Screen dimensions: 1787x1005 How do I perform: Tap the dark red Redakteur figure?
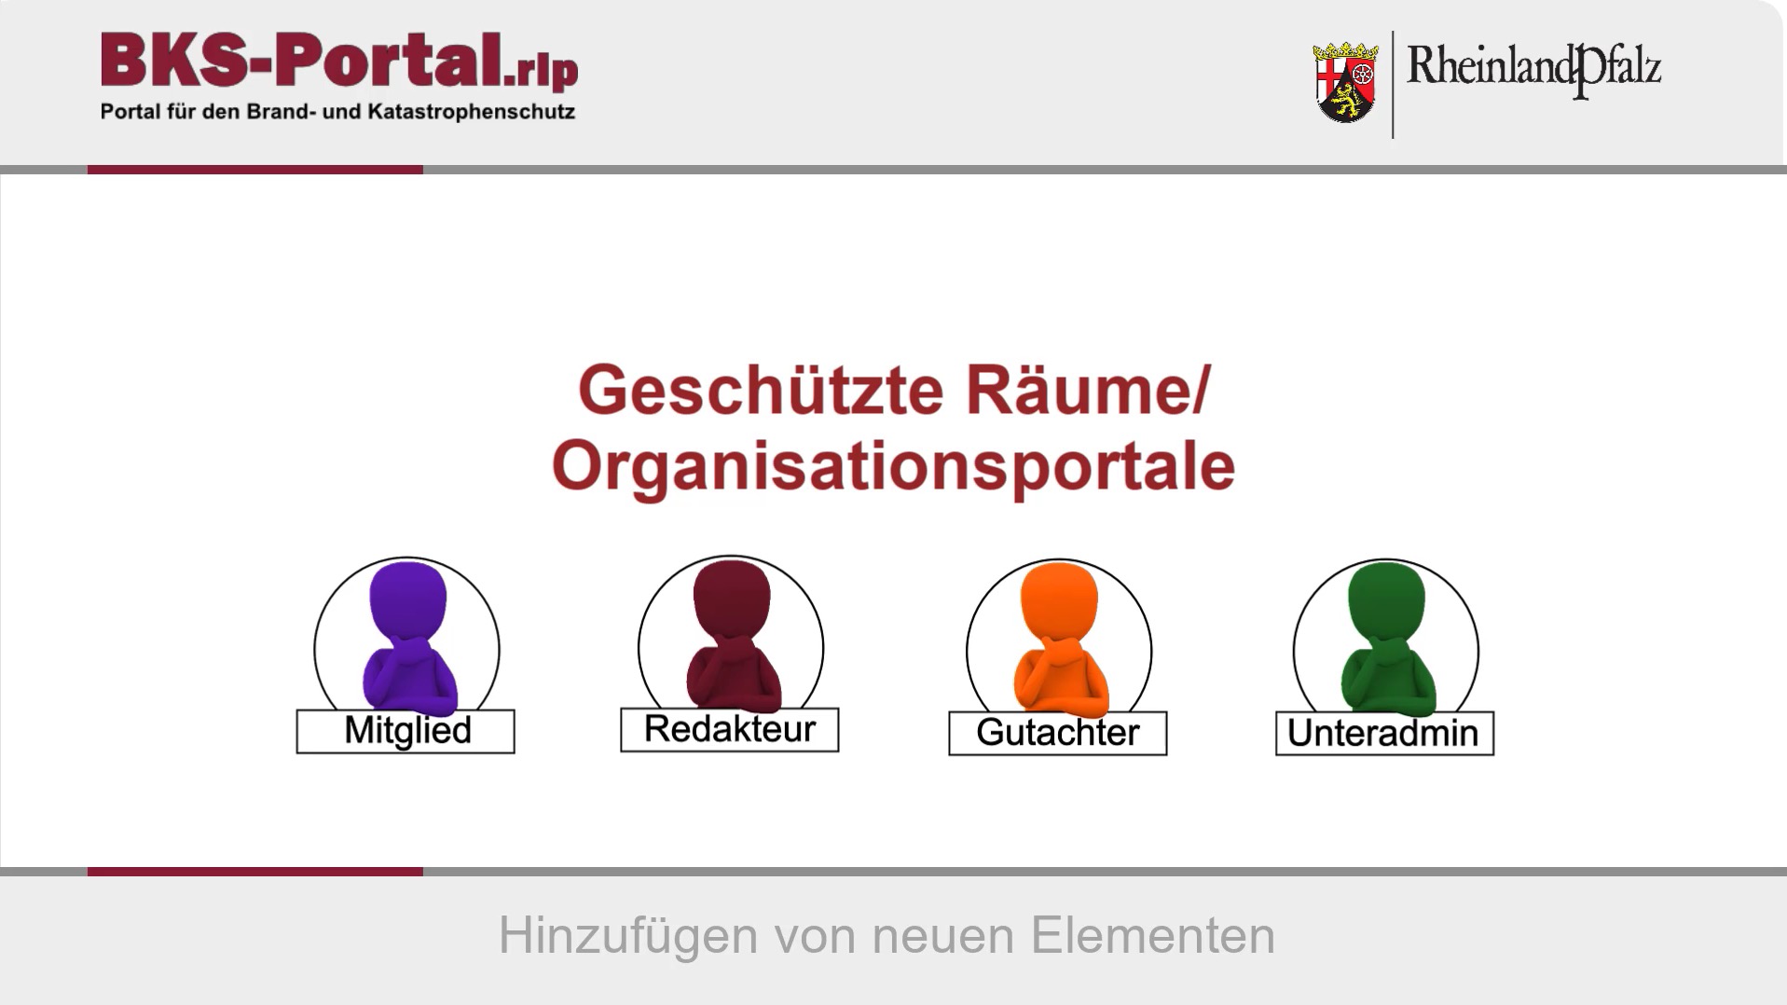[x=733, y=635]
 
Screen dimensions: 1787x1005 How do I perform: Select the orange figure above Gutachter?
[x=1061, y=639]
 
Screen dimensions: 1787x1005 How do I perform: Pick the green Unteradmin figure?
[x=1388, y=639]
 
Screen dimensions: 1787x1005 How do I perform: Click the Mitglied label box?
[x=406, y=731]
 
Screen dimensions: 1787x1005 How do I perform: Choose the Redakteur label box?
[x=730, y=729]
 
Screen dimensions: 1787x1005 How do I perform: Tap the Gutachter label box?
[x=1058, y=733]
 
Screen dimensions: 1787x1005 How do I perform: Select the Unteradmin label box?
[x=1385, y=733]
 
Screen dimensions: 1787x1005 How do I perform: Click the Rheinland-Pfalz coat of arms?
[x=1345, y=82]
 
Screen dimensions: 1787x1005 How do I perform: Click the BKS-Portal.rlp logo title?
[x=339, y=62]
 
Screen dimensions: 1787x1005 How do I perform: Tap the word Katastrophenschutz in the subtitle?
[x=472, y=112]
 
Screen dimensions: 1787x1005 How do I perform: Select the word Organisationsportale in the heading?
[x=894, y=466]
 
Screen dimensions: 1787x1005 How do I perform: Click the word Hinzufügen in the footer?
[x=628, y=935]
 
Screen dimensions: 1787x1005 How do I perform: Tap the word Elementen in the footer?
[x=1153, y=935]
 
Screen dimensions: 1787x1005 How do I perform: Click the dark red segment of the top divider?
[x=255, y=170]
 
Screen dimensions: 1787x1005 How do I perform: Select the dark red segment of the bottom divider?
[x=255, y=872]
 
